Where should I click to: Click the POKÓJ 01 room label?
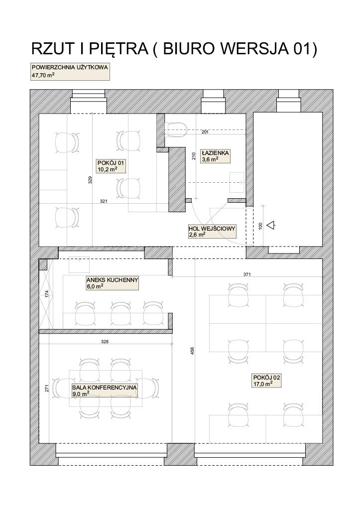click(x=107, y=166)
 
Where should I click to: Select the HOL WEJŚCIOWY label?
click(x=212, y=231)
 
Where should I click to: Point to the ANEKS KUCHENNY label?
click(x=113, y=283)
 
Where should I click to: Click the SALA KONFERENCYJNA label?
click(x=105, y=390)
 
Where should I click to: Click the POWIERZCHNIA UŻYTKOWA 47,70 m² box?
click(x=70, y=72)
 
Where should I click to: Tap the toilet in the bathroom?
click(x=176, y=129)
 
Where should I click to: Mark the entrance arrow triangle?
click(x=271, y=225)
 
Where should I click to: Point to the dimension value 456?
click(x=192, y=351)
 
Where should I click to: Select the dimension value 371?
click(x=247, y=274)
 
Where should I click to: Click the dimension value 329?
click(x=90, y=180)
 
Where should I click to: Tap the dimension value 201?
click(x=205, y=132)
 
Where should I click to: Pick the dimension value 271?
click(x=46, y=388)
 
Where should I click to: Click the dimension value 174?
click(x=46, y=294)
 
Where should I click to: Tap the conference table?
click(x=106, y=388)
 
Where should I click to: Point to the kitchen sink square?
click(x=79, y=264)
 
